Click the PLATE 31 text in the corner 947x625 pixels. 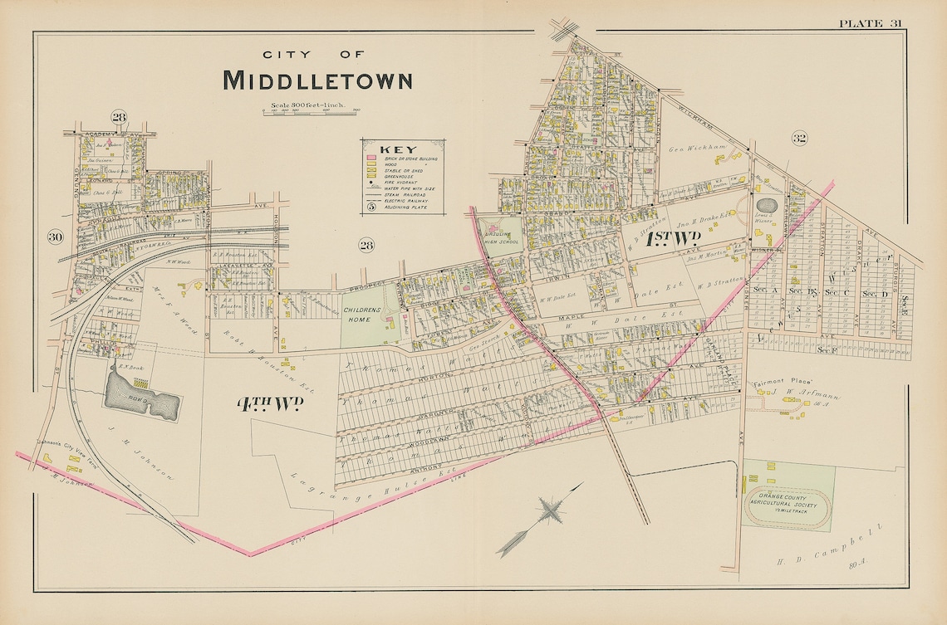870,22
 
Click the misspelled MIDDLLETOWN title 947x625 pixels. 317,81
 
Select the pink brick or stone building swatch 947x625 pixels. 371,158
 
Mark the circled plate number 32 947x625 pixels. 799,138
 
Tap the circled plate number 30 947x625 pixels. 56,237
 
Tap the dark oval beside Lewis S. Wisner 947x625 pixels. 767,205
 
